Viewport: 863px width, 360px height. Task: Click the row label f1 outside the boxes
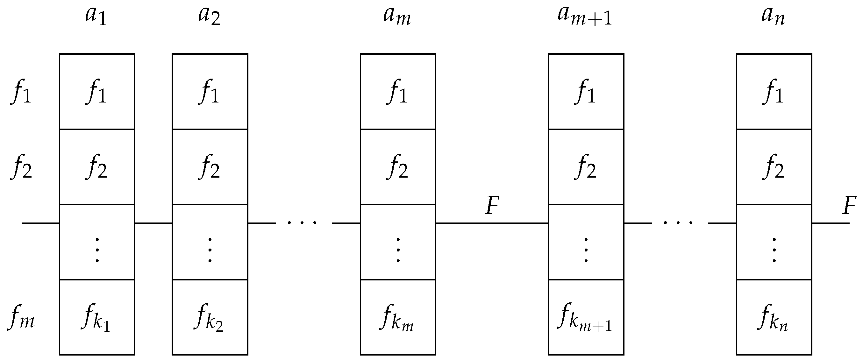pos(21,92)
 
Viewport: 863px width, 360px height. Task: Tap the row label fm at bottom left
pos(21,317)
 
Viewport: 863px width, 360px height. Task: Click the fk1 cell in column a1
pos(96,317)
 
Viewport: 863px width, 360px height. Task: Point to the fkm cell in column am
pos(397,317)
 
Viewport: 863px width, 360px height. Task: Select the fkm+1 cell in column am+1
pos(585,317)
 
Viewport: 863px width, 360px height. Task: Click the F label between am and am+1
pos(492,206)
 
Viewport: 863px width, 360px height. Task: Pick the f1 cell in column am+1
pos(585,92)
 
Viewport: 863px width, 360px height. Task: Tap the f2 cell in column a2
pos(210,167)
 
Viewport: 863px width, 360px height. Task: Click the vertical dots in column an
pos(774,250)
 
